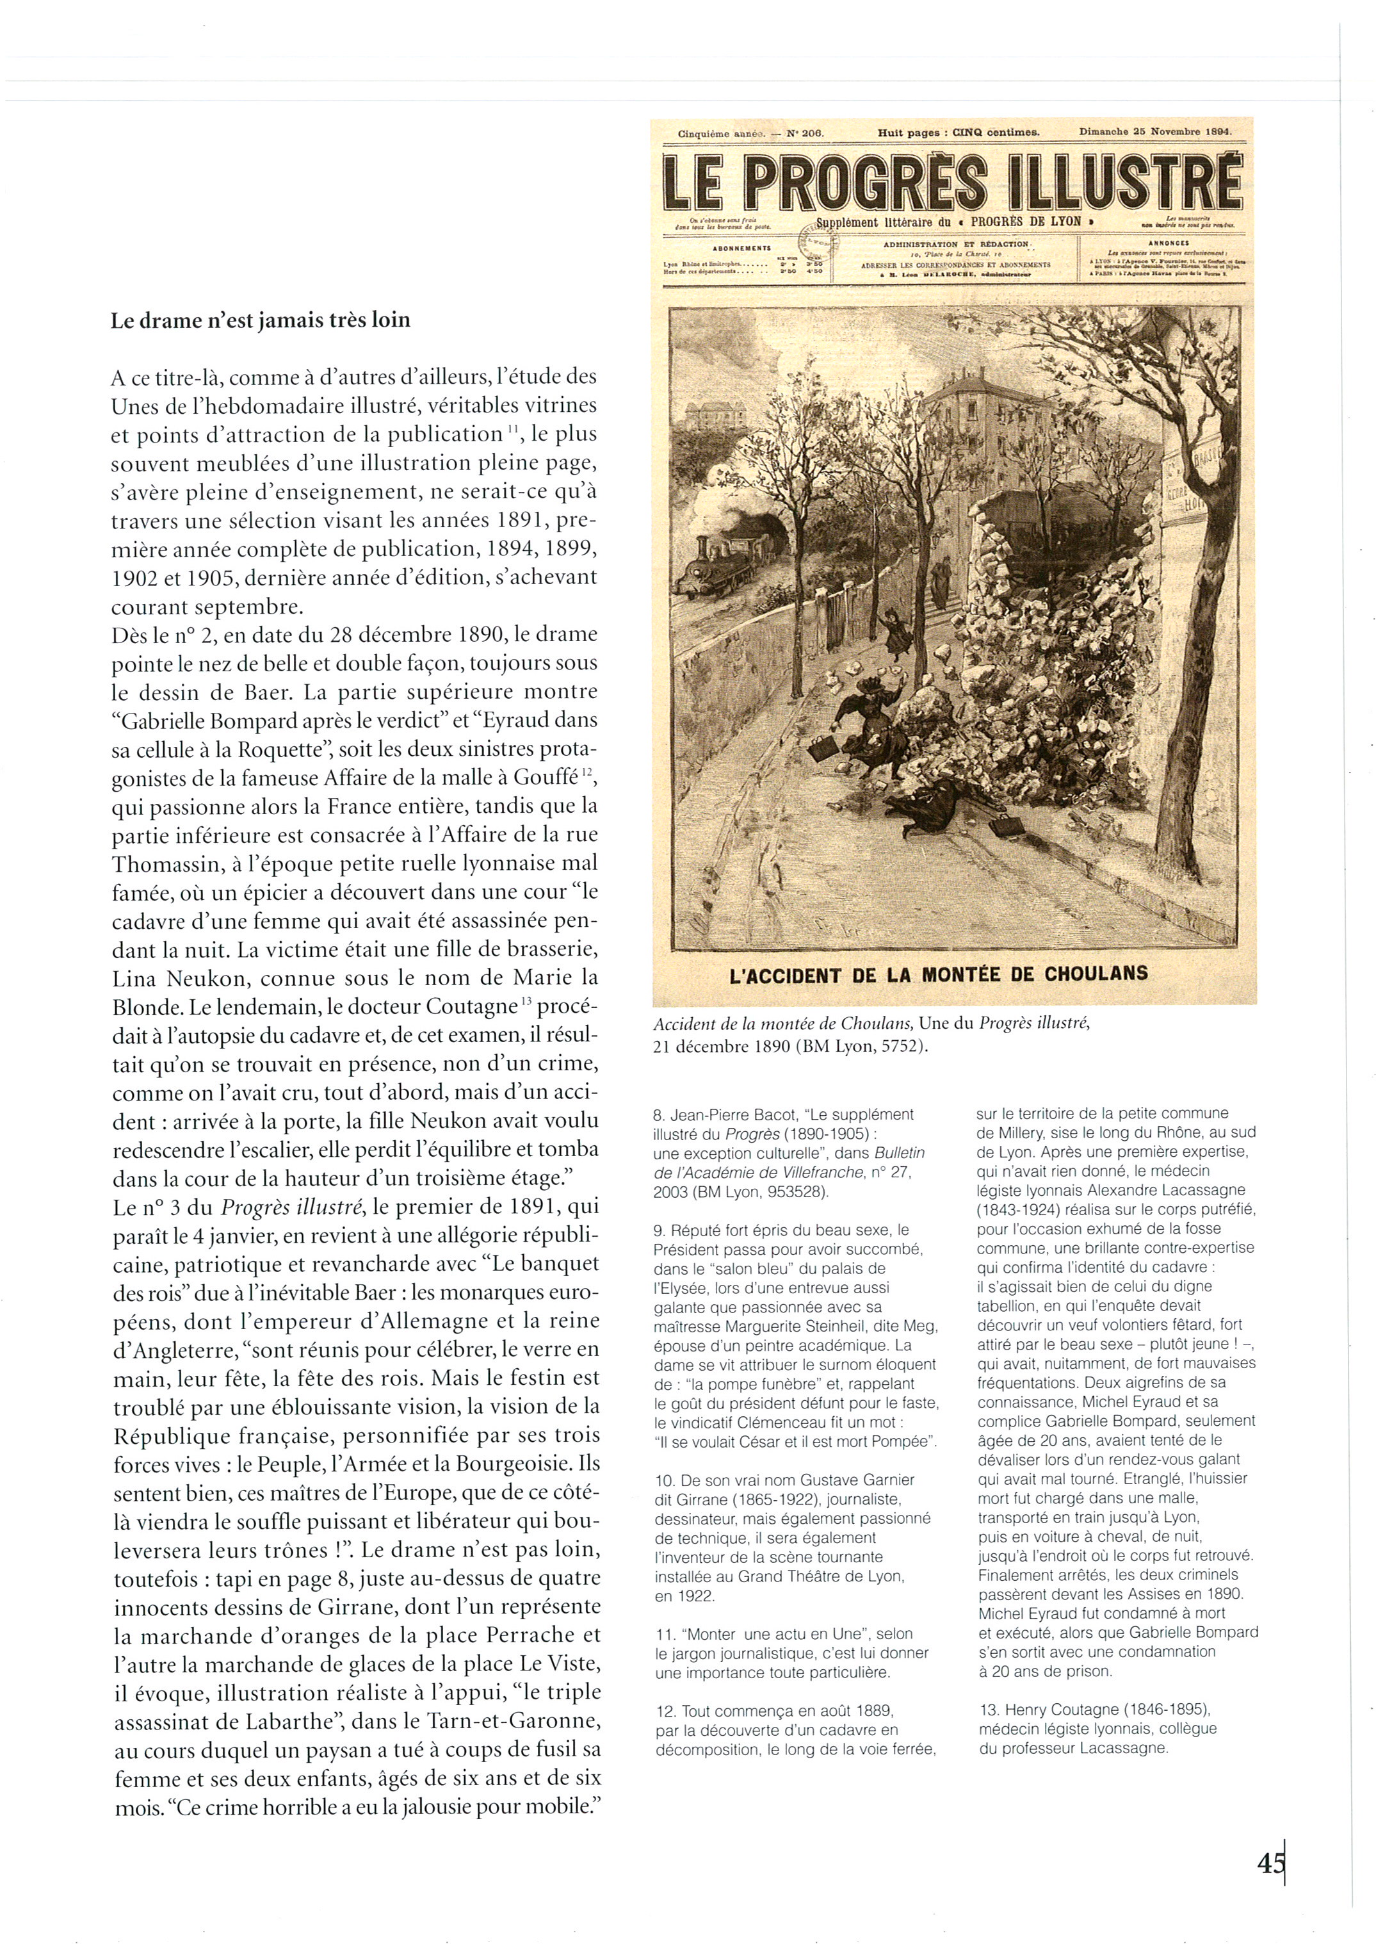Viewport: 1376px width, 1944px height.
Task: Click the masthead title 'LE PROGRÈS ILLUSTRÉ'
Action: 953,182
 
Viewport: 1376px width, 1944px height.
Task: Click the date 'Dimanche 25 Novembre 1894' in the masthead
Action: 1154,132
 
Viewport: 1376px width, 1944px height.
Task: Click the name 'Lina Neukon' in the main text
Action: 180,978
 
